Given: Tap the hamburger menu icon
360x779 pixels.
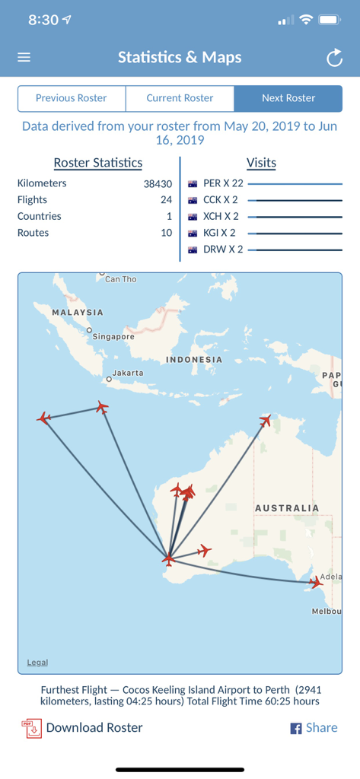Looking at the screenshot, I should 24,57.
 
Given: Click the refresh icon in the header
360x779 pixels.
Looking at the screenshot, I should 334,58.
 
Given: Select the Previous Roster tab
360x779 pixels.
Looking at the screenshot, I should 72,98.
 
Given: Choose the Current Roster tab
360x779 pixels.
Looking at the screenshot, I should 180,98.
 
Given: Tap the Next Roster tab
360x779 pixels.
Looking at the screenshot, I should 288,98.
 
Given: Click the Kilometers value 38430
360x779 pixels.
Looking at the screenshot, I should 158,183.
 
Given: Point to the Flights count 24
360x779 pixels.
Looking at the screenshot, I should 166,200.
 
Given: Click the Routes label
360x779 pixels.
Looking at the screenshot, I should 33,233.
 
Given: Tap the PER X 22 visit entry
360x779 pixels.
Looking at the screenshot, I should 223,183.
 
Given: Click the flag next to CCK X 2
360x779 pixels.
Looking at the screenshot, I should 193,200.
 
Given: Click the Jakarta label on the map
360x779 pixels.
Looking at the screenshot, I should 128,374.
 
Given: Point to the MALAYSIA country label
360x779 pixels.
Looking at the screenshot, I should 77,313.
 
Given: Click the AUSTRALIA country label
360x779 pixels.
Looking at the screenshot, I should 286,507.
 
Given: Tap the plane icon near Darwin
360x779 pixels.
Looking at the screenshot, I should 265,420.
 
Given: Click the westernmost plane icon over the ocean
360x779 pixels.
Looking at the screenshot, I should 44,418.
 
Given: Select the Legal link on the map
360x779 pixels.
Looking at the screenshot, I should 37,663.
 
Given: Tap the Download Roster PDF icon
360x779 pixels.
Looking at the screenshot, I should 31,728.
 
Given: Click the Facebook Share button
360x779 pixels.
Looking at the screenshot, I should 314,728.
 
